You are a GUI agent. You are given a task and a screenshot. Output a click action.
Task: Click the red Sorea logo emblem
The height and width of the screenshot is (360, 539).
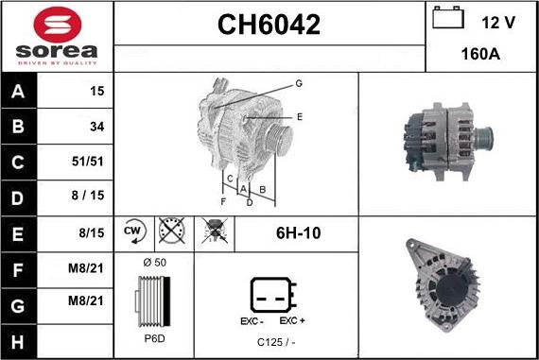click(x=58, y=25)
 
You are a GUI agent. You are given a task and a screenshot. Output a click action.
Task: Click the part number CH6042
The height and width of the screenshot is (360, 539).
click(x=269, y=25)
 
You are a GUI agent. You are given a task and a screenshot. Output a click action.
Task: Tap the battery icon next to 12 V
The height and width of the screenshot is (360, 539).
click(x=448, y=18)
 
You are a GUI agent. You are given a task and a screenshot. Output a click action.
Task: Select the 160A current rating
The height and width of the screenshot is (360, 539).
click(x=480, y=54)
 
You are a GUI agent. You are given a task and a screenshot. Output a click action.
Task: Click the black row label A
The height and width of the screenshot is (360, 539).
click(x=18, y=92)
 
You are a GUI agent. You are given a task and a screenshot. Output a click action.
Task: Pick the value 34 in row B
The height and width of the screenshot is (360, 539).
click(x=97, y=127)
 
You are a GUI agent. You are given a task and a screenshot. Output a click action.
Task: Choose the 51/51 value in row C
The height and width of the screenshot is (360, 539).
click(x=88, y=162)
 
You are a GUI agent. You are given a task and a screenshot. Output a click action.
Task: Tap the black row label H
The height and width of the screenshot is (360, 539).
click(x=18, y=342)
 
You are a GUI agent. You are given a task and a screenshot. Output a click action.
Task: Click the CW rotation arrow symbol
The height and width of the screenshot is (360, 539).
click(x=134, y=231)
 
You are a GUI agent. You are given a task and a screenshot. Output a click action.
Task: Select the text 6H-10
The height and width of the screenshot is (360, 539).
click(x=299, y=233)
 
